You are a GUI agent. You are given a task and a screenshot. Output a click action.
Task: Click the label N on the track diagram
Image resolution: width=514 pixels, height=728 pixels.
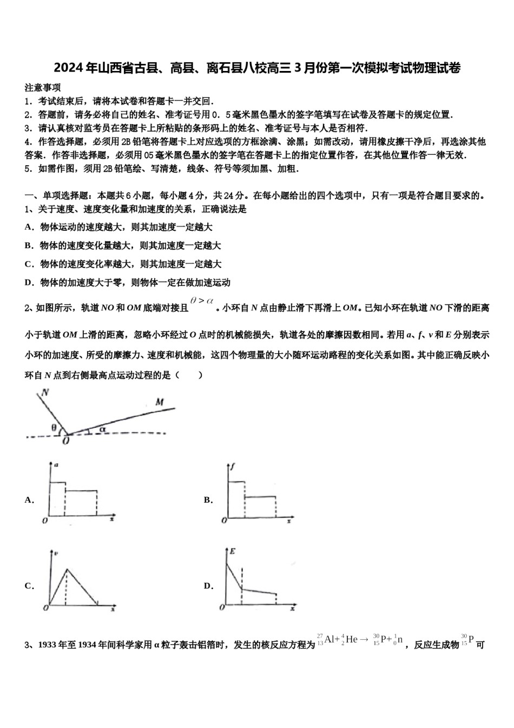click(x=44, y=393)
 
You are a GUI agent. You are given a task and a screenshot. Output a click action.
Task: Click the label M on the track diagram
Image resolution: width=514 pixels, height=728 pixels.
click(x=159, y=402)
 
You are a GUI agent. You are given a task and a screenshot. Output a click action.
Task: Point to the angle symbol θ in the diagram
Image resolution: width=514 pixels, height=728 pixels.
click(x=54, y=427)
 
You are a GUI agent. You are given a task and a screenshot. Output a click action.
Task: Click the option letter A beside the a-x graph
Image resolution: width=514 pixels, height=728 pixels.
click(x=29, y=500)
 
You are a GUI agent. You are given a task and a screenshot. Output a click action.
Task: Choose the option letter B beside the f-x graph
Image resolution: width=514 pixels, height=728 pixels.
click(x=208, y=500)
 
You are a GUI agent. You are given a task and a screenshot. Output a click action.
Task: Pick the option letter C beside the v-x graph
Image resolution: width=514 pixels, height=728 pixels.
click(x=29, y=586)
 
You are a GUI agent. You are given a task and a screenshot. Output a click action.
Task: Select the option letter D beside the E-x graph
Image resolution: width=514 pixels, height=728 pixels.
click(x=208, y=586)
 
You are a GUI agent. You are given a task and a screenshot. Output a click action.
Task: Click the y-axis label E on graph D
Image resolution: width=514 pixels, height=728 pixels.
click(x=232, y=551)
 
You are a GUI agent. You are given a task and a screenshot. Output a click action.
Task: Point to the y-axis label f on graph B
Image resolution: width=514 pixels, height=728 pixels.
click(x=232, y=466)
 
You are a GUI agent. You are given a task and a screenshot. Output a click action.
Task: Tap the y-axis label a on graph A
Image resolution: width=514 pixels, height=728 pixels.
click(x=56, y=465)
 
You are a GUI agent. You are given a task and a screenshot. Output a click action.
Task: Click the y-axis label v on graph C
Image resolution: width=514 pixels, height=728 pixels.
click(x=56, y=552)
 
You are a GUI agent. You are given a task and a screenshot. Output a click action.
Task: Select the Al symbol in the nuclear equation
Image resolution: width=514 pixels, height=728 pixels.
click(x=332, y=639)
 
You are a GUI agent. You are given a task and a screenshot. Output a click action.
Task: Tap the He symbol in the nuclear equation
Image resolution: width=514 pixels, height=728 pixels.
click(x=352, y=639)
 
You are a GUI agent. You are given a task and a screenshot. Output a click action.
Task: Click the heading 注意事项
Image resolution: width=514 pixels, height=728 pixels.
click(x=43, y=88)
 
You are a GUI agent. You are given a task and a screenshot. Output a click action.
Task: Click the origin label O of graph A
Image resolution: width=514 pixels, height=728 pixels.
click(x=44, y=521)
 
